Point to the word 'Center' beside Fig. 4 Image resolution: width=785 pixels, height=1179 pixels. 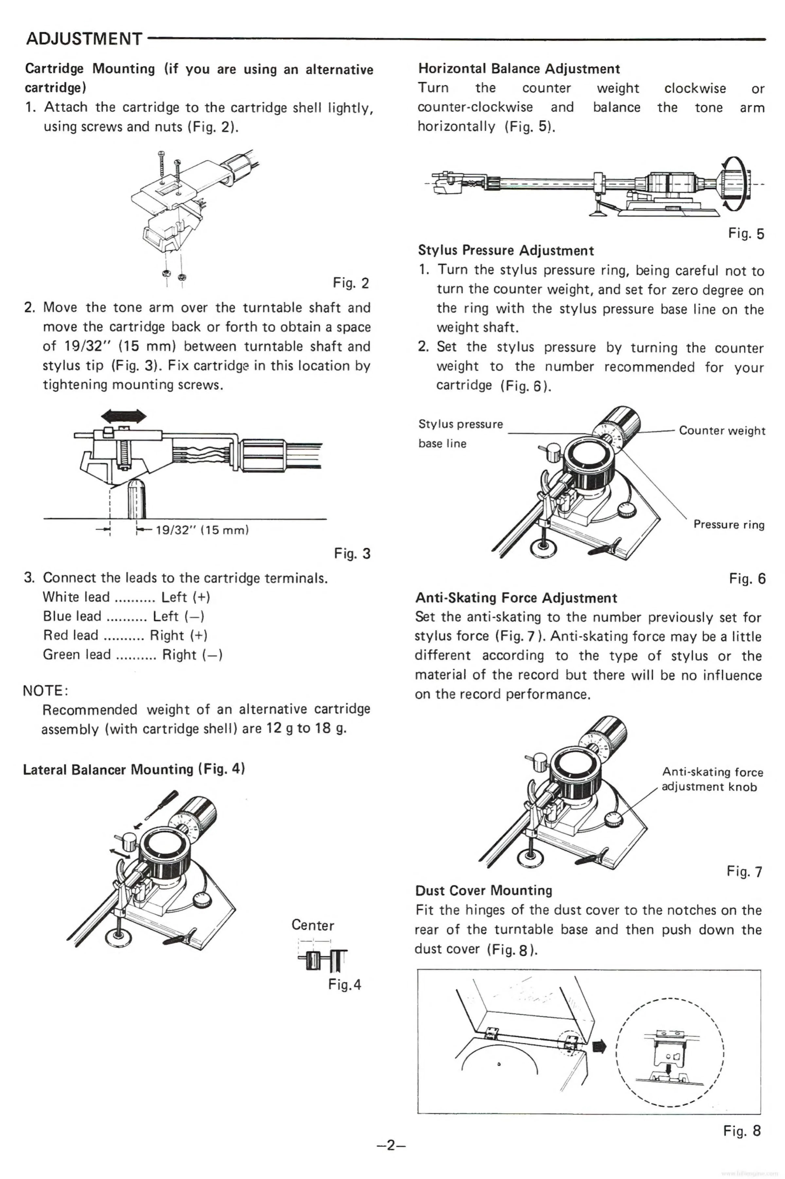coord(312,925)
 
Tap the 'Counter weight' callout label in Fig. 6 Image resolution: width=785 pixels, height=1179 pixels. coord(721,431)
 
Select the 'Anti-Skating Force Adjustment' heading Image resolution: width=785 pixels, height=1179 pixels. coord(516,598)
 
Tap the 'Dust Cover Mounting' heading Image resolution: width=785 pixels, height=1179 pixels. coord(484,890)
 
